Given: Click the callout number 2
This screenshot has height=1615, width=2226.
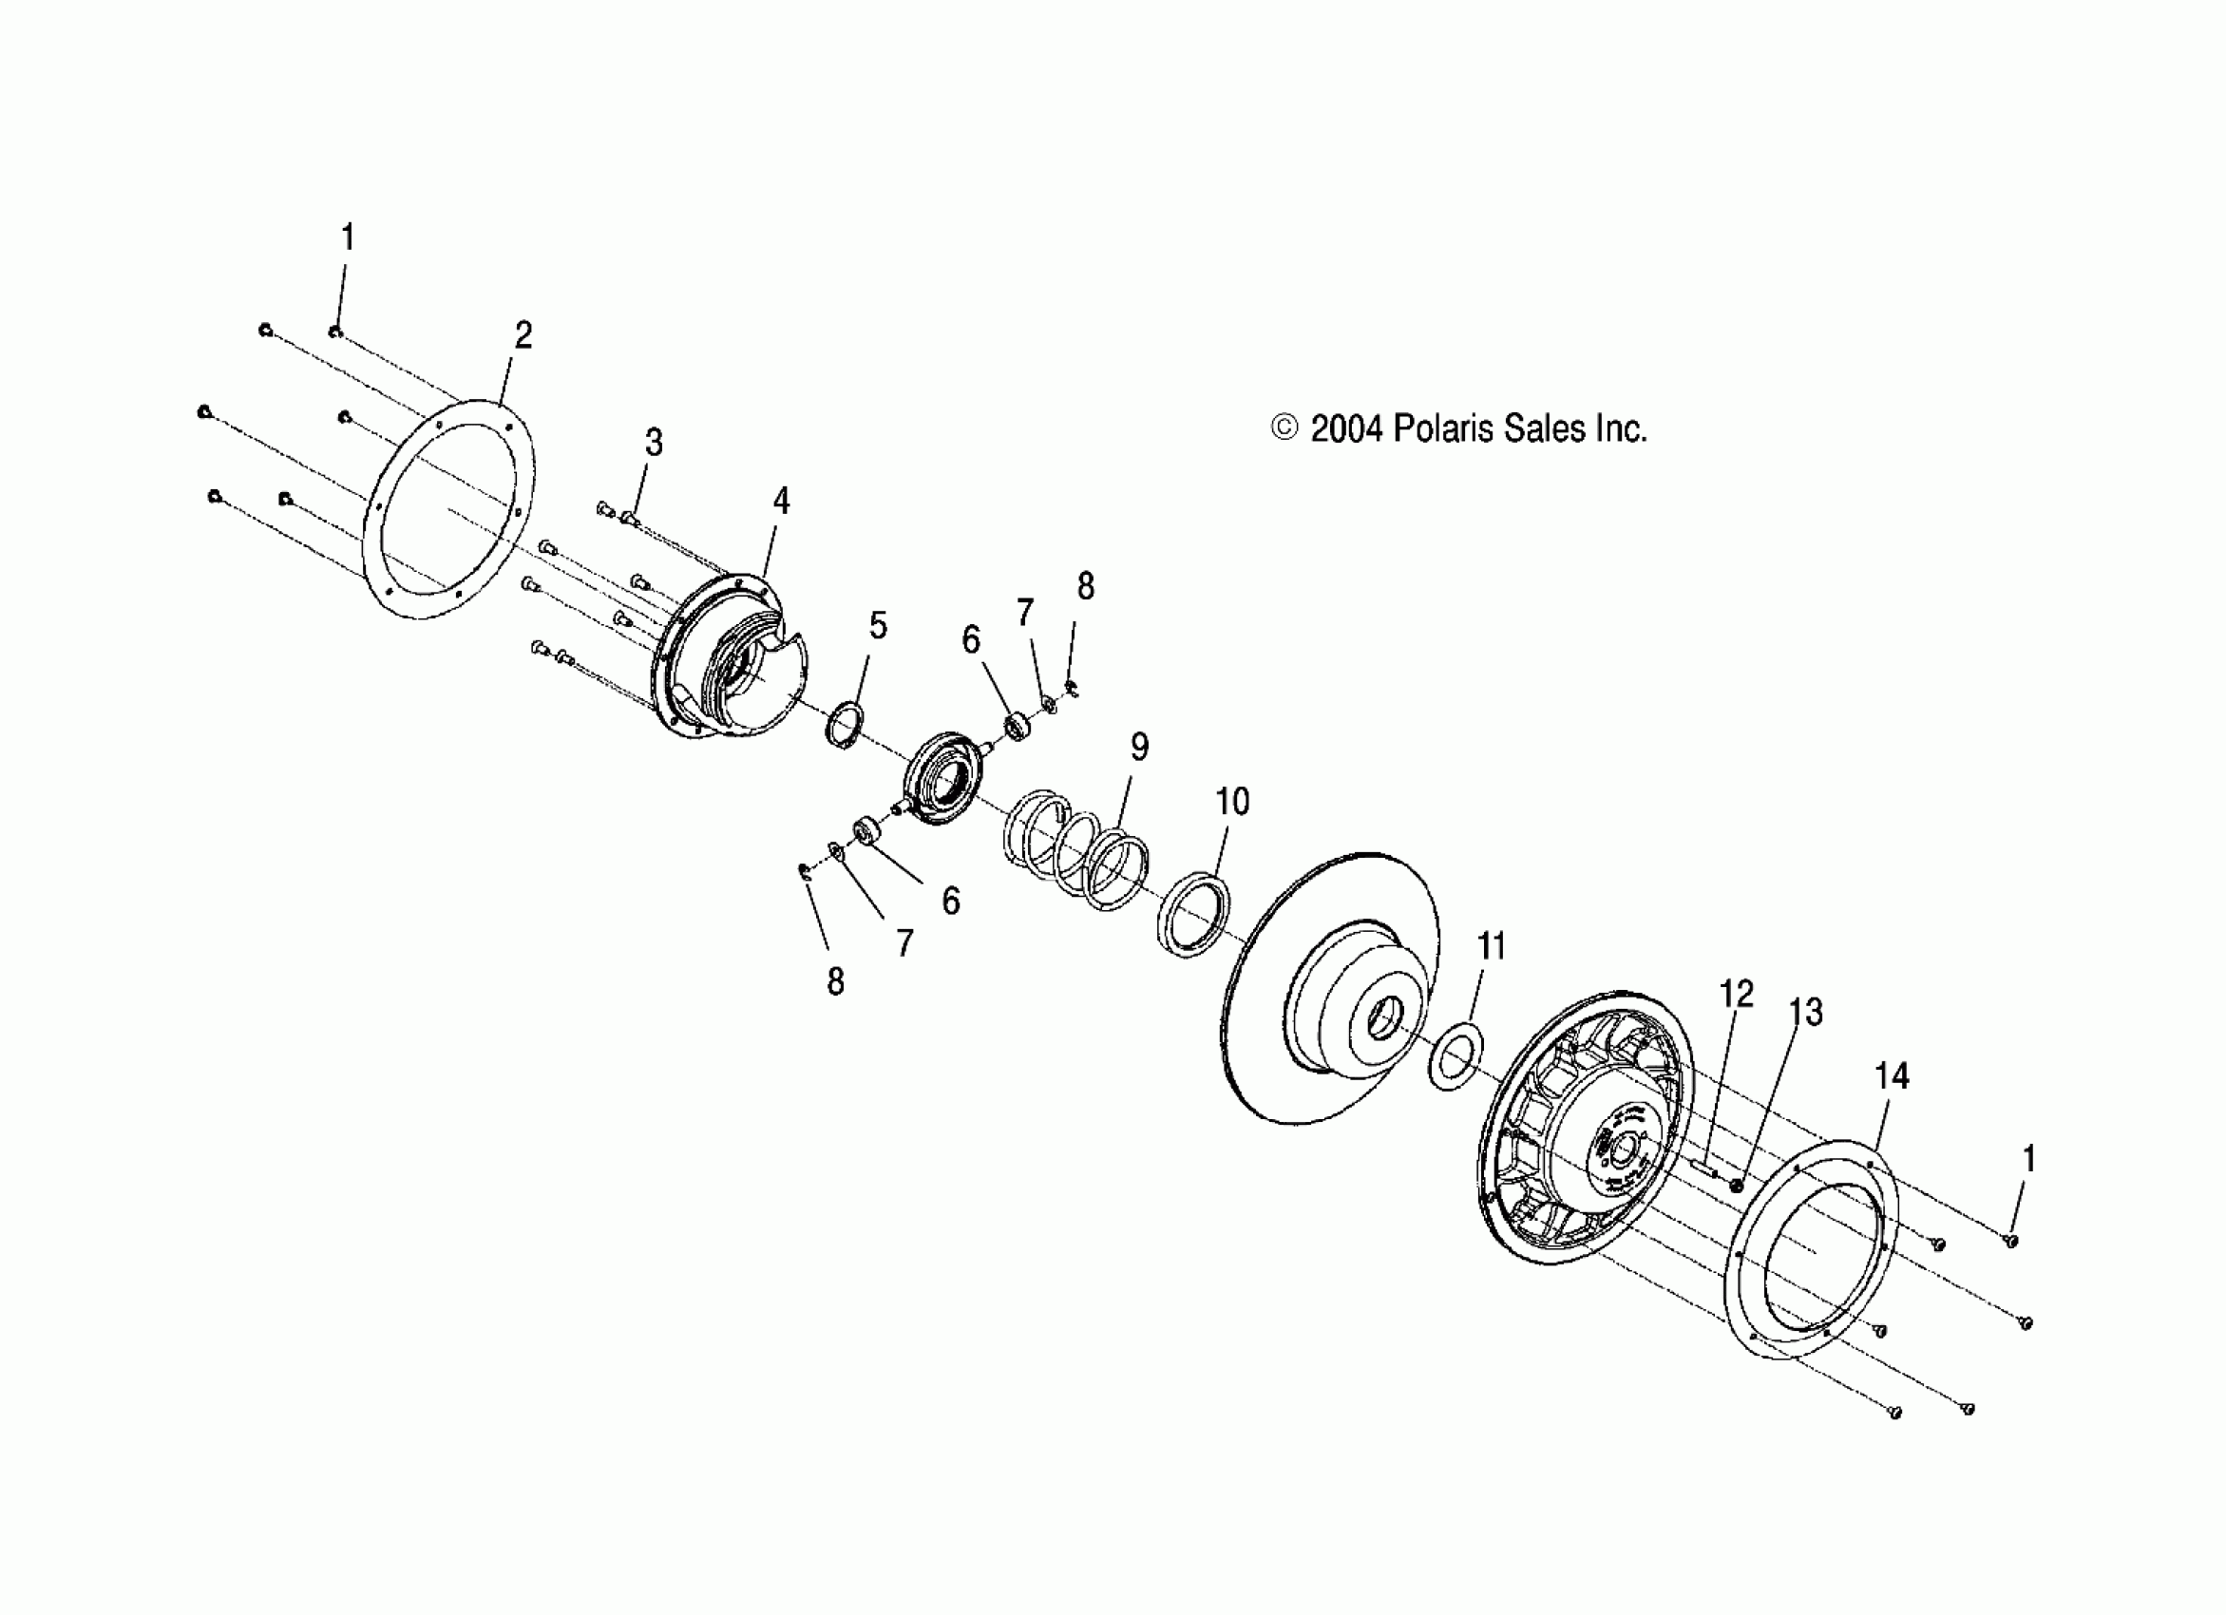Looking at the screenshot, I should [x=523, y=335].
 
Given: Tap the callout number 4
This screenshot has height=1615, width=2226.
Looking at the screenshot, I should [x=780, y=502].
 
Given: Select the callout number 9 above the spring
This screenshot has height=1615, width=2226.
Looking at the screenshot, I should [x=1138, y=748].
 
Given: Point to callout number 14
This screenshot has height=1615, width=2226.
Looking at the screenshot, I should [x=1892, y=1076].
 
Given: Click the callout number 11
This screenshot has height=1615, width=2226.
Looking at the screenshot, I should [x=1491, y=947].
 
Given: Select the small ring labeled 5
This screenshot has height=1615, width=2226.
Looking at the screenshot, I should [x=844, y=726].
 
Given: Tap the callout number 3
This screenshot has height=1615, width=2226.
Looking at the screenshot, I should [x=654, y=443].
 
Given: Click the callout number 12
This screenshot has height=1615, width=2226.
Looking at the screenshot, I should [x=1736, y=994].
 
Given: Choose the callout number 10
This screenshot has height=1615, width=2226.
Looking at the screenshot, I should [x=1233, y=802].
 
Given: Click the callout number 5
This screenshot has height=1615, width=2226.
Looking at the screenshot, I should [x=878, y=625].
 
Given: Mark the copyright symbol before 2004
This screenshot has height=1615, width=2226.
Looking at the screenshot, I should [x=1284, y=428].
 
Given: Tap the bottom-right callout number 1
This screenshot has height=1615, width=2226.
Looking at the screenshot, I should [x=2028, y=1159].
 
